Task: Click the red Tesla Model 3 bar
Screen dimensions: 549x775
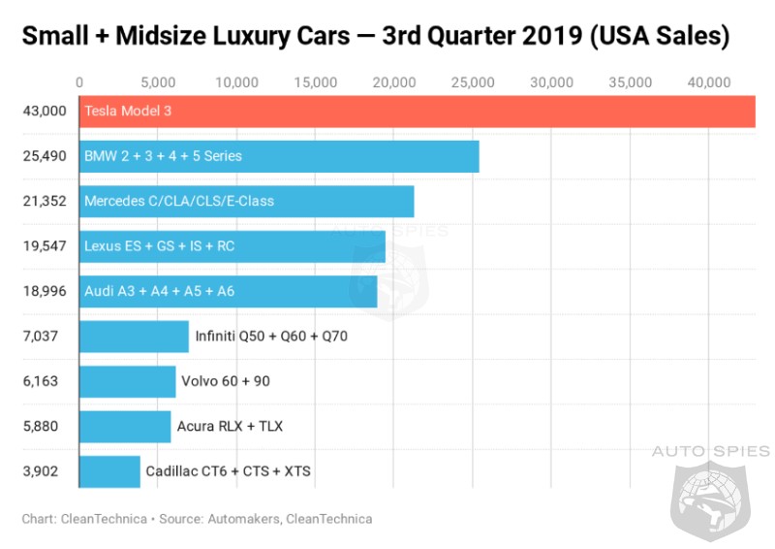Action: [417, 112]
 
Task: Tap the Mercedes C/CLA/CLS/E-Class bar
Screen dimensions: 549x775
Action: [246, 202]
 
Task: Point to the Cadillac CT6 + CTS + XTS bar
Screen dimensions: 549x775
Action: [108, 471]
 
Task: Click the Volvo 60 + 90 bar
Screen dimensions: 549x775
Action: [127, 381]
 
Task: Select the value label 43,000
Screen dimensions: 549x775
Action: [45, 112]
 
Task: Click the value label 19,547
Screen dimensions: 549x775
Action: [45, 246]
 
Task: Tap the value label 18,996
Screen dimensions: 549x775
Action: [45, 291]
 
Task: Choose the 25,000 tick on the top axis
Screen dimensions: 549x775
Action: [473, 83]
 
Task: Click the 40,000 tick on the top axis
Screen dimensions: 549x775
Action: [709, 83]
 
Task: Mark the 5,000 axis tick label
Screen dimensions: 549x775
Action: [158, 83]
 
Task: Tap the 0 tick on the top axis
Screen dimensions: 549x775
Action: [79, 83]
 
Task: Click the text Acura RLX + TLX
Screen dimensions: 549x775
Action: [230, 427]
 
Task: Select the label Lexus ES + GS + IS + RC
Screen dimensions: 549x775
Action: [159, 246]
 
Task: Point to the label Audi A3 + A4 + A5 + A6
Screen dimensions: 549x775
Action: [159, 291]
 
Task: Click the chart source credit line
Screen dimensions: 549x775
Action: [197, 519]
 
